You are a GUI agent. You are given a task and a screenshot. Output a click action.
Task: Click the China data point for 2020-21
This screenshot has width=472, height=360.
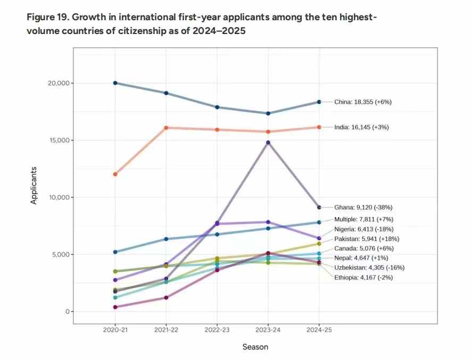tap(115, 83)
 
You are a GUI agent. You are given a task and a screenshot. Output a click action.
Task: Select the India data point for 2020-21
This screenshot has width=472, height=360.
tap(115, 174)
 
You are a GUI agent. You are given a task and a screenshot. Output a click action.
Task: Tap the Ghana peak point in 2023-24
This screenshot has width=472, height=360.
tap(268, 143)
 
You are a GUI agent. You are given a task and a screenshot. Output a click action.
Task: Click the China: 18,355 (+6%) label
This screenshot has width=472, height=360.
tap(363, 102)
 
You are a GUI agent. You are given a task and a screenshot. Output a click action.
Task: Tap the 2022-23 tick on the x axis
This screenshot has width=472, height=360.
tap(217, 330)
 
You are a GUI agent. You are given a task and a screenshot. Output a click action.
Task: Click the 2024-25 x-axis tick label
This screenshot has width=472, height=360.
tap(319, 330)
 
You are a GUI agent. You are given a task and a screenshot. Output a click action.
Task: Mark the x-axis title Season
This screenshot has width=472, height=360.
tap(255, 347)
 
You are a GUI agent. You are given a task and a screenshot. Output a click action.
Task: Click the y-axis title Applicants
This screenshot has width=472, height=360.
tap(34, 186)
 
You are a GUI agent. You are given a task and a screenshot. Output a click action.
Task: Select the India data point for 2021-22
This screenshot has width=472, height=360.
tap(166, 128)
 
